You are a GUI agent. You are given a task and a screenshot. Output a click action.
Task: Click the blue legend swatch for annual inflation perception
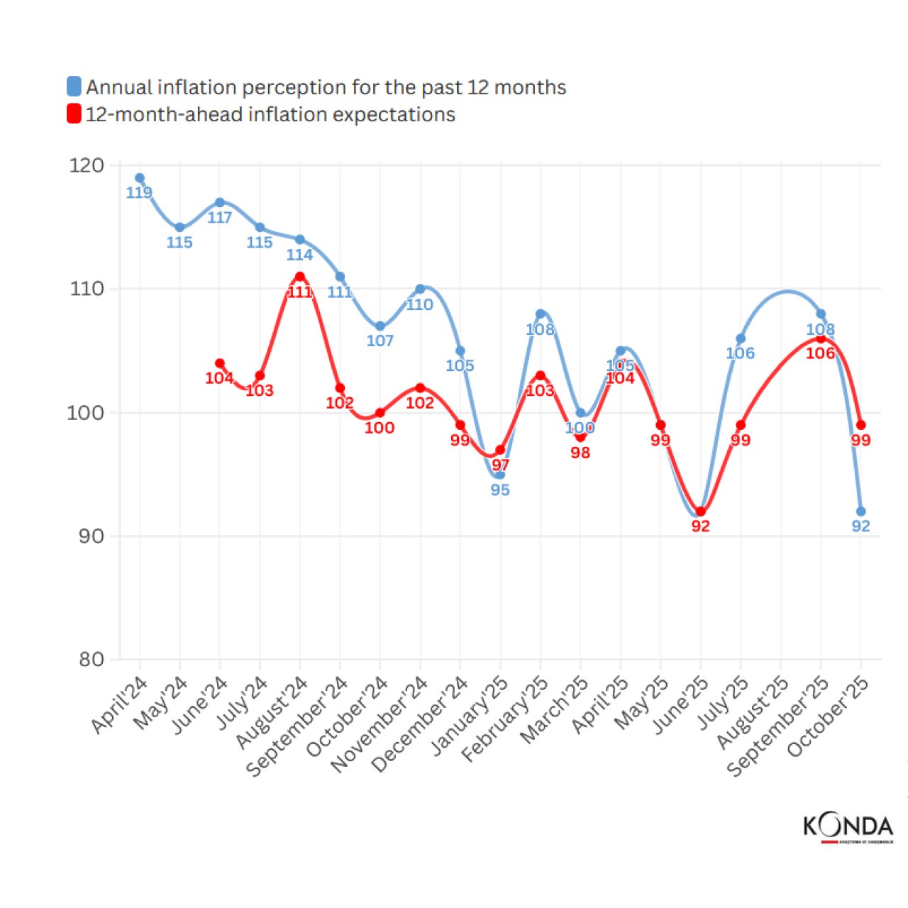click(x=74, y=87)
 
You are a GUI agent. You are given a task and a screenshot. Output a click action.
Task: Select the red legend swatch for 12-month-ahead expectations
click(x=74, y=113)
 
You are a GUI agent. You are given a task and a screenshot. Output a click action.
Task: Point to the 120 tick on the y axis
click(x=87, y=165)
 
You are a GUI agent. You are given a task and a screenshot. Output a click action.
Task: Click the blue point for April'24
click(x=140, y=178)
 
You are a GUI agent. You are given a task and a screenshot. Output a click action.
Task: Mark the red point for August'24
click(x=300, y=277)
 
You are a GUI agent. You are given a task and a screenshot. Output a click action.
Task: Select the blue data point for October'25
click(x=860, y=511)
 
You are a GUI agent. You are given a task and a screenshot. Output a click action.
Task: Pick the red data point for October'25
click(x=860, y=425)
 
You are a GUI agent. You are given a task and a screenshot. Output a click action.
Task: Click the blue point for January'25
click(x=500, y=475)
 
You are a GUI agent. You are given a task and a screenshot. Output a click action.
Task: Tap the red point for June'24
click(x=220, y=363)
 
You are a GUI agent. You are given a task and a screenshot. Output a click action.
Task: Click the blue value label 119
click(x=139, y=193)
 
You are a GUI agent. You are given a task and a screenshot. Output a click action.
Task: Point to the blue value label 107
click(x=380, y=341)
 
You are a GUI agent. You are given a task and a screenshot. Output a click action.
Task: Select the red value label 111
click(x=300, y=292)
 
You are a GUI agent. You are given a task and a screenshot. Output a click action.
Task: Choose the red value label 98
click(x=580, y=453)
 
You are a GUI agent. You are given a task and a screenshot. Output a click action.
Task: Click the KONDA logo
click(x=848, y=828)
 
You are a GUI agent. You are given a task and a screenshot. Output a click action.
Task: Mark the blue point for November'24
click(x=420, y=289)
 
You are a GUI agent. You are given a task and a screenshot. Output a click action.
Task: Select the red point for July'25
click(x=741, y=425)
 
